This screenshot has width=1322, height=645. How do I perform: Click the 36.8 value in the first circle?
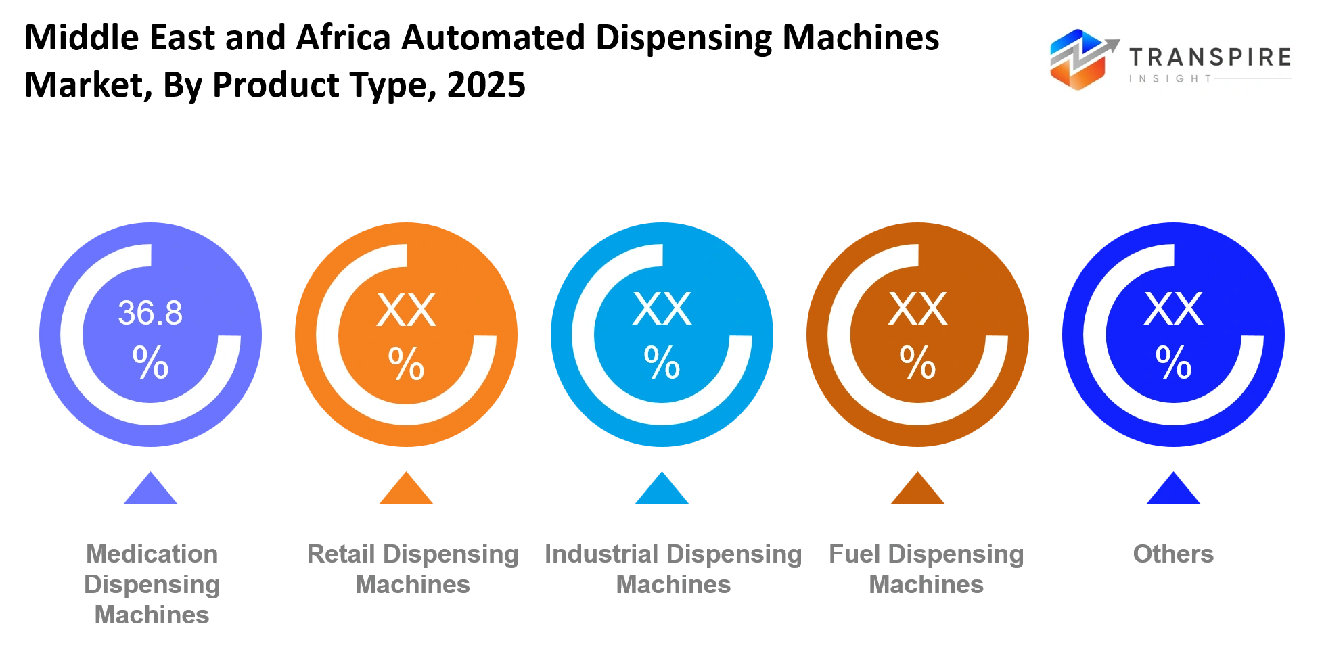(150, 313)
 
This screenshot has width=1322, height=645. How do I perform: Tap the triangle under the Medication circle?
(150, 489)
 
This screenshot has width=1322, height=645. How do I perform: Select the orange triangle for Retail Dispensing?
(406, 489)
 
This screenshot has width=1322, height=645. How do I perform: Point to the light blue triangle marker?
(662, 489)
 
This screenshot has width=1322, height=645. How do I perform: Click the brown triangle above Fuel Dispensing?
(917, 489)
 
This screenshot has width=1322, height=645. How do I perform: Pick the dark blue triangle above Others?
(1173, 489)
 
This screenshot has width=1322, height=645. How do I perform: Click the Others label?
(1173, 554)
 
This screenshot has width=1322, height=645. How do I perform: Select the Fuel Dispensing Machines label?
(926, 569)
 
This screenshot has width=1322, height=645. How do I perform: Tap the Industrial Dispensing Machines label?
(673, 569)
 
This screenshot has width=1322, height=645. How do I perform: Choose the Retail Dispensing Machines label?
(413, 569)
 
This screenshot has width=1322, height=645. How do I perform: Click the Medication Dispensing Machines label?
(152, 584)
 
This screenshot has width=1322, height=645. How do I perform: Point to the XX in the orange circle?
(406, 310)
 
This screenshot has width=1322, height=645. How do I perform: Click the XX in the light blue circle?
(662, 310)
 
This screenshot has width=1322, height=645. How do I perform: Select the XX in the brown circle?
(917, 310)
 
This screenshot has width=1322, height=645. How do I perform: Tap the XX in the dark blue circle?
(1173, 310)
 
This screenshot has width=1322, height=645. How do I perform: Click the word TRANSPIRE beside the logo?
(1210, 57)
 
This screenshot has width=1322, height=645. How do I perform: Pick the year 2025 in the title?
(486, 85)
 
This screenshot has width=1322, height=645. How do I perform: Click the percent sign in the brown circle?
(917, 363)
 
